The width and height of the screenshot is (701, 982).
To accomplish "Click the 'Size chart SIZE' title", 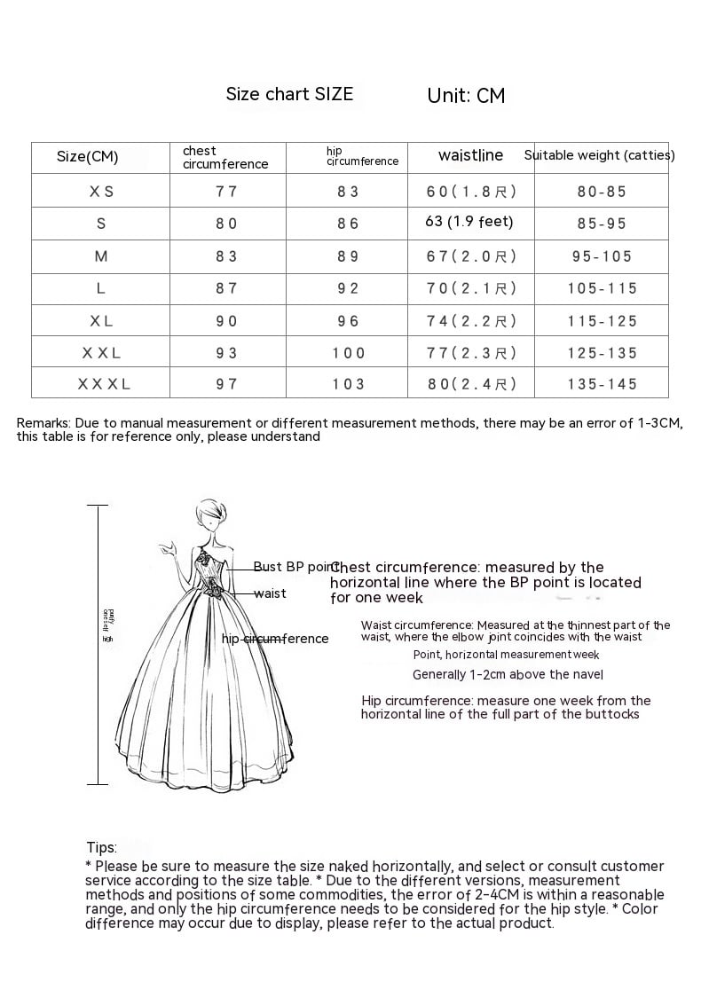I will coord(289,94).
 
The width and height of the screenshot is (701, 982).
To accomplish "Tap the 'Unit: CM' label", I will coord(466,96).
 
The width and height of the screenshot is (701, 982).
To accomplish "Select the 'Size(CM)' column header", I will coord(87,157).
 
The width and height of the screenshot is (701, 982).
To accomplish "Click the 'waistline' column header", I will coord(470,156).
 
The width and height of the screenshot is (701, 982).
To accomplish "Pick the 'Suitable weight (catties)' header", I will coord(599,155).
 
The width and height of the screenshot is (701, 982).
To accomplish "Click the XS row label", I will coord(101,191).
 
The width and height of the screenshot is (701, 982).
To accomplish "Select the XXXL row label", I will coord(104,384).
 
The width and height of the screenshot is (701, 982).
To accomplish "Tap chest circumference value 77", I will coord(226,191).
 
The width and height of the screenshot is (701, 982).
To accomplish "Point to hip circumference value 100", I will coord(349,353).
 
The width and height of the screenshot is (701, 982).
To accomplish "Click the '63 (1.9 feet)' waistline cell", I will coord(469,222).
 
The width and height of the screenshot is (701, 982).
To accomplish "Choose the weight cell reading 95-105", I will coord(602,256).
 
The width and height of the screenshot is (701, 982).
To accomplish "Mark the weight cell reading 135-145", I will coord(602,384).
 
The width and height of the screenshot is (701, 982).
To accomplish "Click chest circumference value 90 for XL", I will coord(226,321).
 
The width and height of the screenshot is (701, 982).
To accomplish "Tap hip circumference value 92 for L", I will coord(348,288).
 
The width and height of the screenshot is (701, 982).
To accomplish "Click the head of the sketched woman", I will coord(209,514).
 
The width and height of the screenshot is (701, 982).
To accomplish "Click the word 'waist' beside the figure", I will coord(270,593).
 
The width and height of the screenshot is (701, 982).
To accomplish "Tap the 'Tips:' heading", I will coord(101,848).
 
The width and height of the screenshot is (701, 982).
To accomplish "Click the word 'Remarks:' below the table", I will coord(43,423).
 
